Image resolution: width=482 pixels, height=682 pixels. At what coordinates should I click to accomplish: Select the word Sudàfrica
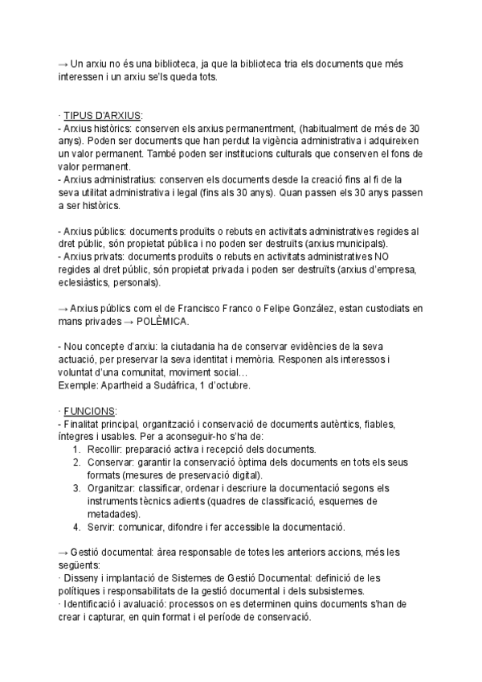(188, 385)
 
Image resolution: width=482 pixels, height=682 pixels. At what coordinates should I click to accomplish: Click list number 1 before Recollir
(76, 449)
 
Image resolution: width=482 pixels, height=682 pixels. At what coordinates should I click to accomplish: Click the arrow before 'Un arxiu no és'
(63, 65)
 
